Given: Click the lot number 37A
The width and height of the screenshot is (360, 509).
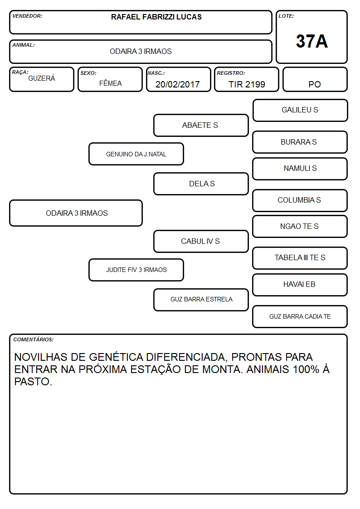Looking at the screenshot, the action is point(311,41).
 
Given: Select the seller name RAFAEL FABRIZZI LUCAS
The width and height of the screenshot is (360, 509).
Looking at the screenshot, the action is point(156,17).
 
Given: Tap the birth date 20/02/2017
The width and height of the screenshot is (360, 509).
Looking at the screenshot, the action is point(178,84).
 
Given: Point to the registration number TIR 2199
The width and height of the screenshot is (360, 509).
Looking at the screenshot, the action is point(247,84).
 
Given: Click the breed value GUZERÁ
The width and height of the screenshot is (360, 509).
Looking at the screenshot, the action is point(42,78).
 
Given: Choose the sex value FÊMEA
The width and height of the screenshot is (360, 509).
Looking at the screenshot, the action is point(110,83).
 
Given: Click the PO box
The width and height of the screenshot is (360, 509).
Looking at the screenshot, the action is point(315,79).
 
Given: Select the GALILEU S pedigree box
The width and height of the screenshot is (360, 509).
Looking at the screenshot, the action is point(300,111).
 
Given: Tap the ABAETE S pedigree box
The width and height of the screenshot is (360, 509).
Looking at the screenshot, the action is point(201,125).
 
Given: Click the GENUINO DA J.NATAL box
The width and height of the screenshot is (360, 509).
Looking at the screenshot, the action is point(136,154).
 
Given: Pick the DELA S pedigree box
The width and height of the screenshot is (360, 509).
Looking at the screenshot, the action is point(201,184).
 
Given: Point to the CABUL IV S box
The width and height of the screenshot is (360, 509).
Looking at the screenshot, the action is point(201,242).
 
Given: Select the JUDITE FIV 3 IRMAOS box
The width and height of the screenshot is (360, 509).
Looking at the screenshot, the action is point(136,270).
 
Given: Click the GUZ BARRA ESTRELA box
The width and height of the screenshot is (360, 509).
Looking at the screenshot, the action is point(201,300).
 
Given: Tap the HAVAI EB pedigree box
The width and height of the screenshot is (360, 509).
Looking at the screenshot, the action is point(300,285).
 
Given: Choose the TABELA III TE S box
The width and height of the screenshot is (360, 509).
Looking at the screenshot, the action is point(300,258).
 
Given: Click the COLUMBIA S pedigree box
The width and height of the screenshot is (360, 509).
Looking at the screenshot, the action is point(300,200).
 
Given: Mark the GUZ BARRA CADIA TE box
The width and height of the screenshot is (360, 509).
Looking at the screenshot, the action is point(300,316).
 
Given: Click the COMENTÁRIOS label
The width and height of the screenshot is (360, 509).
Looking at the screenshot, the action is point(34,339).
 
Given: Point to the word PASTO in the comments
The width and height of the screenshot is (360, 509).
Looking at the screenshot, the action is point(33,382).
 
